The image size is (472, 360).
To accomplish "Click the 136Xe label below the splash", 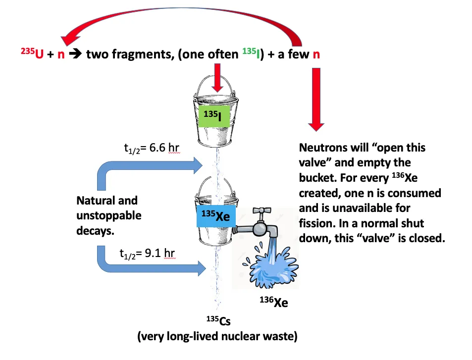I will (273, 301).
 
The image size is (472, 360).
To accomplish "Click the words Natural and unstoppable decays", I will (108, 215).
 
